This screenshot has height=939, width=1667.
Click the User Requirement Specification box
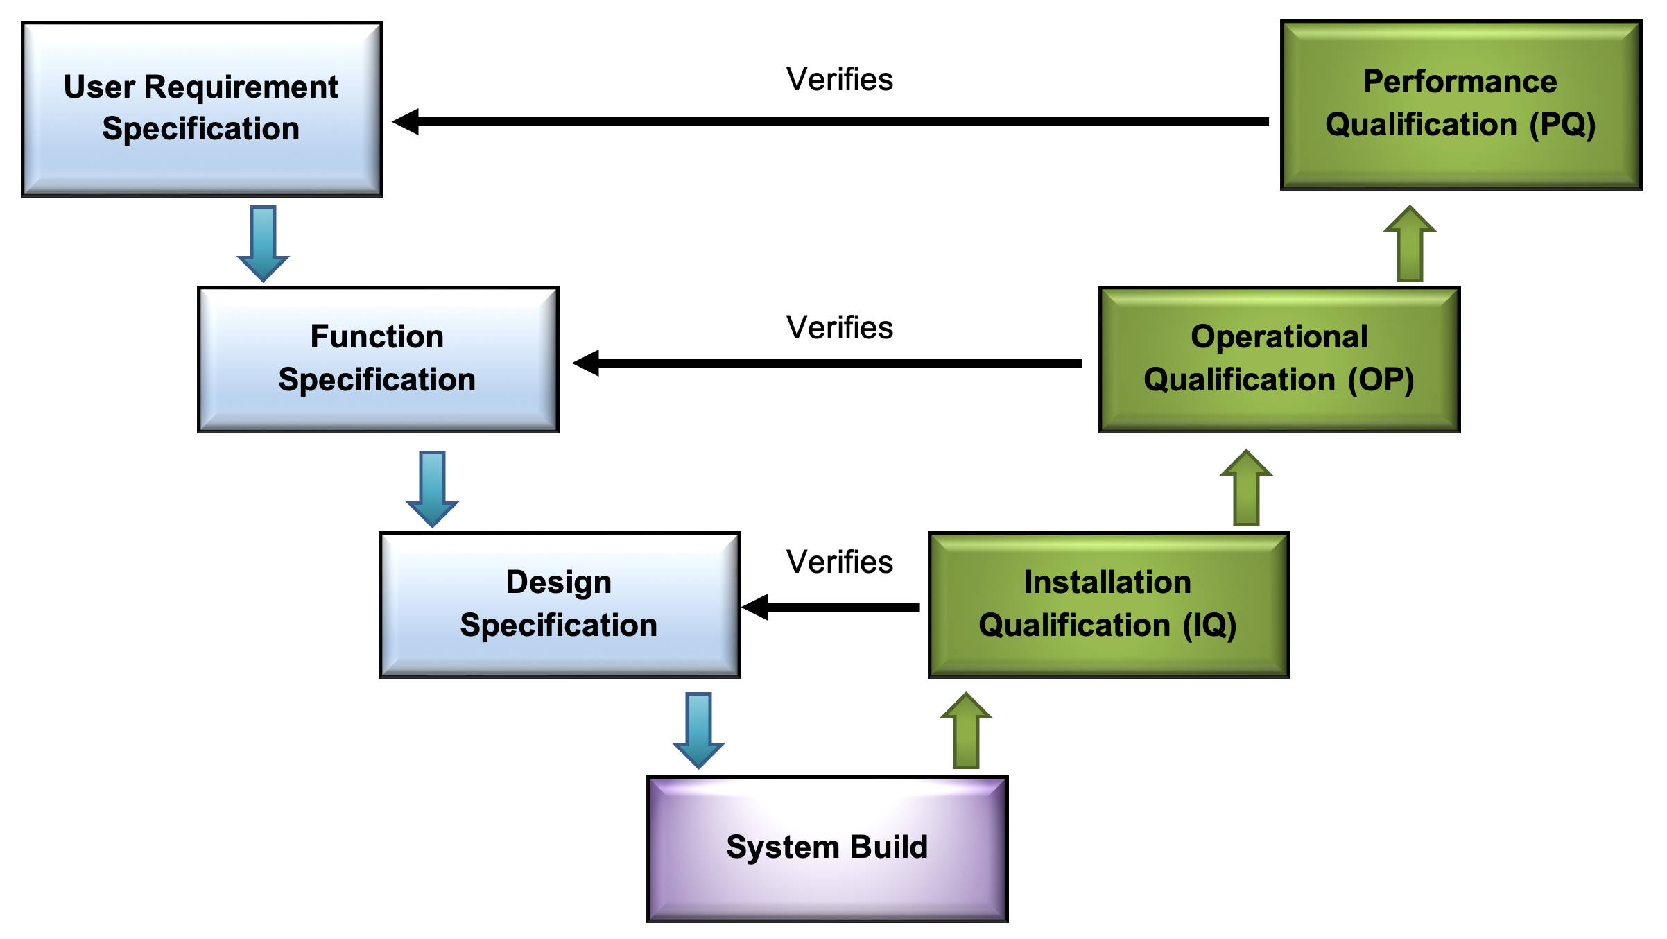click(x=202, y=109)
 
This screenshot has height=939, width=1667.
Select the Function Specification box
click(x=378, y=359)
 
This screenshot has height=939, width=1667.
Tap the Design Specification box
click(x=560, y=605)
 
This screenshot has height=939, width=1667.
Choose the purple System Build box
click(x=827, y=849)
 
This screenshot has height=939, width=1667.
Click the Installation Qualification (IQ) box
click(x=1109, y=605)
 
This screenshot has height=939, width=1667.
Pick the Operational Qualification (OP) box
click(x=1279, y=359)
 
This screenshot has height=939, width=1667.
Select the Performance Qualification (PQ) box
click(x=1461, y=105)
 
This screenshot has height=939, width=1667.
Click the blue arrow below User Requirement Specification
click(x=263, y=243)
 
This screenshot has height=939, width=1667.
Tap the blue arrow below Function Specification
click(x=432, y=488)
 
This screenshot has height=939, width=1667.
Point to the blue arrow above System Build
click(x=698, y=730)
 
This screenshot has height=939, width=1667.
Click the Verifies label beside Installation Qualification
click(x=839, y=562)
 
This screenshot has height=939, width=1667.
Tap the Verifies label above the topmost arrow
click(x=839, y=79)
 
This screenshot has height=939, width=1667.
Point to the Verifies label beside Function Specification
click(x=839, y=327)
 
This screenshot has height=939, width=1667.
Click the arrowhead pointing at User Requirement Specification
click(x=406, y=121)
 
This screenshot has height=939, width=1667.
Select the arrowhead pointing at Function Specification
click(x=587, y=363)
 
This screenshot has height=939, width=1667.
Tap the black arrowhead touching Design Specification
click(x=756, y=607)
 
